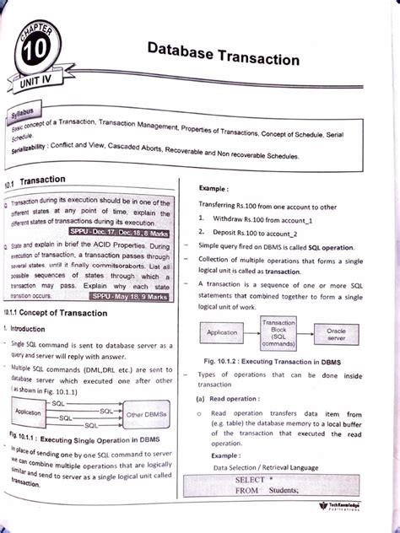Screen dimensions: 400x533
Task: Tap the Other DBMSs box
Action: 150,415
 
